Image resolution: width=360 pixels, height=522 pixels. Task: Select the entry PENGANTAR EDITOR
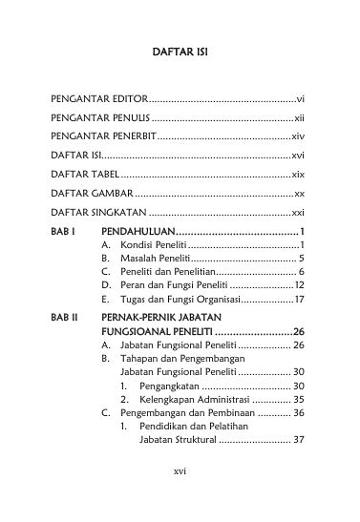[x=90, y=98]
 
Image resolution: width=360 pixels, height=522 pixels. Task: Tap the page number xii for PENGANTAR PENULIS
[x=298, y=118]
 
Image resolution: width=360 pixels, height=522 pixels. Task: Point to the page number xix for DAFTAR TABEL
[x=297, y=177]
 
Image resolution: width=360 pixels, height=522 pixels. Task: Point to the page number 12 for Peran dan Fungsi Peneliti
[x=299, y=285]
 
